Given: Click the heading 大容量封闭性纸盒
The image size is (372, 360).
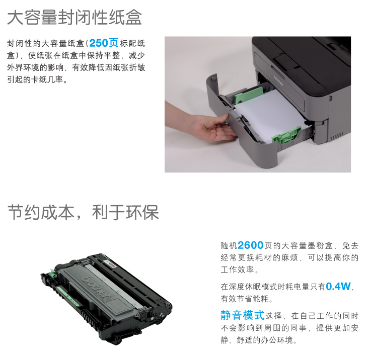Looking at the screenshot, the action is click(x=75, y=17).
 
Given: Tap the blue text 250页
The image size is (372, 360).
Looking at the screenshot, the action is click(x=104, y=43).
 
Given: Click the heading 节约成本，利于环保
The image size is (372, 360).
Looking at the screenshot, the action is click(x=83, y=212).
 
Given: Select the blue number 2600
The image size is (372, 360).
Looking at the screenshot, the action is click(x=251, y=245).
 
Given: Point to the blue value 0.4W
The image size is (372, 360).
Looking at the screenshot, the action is click(x=338, y=286).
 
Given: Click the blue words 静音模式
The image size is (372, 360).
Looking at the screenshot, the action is click(x=242, y=315).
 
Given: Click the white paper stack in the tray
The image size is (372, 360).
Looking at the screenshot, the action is click(x=268, y=114).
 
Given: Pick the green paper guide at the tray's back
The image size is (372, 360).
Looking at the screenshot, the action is click(x=249, y=94).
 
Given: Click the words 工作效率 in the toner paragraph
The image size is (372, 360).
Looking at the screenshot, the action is click(x=237, y=269).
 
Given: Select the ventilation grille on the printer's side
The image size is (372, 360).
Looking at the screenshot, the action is click(x=337, y=136).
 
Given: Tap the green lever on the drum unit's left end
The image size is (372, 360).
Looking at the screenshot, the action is click(x=53, y=273).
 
